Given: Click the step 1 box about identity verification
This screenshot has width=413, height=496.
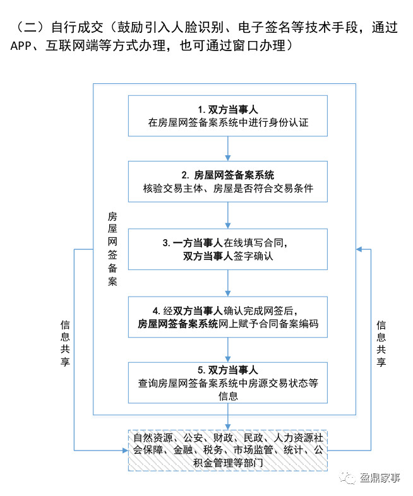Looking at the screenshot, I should coord(227,115).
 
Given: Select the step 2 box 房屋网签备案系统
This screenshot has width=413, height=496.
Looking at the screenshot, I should coord(227,181).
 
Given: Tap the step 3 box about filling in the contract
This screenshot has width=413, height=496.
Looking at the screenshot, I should coord(227,249).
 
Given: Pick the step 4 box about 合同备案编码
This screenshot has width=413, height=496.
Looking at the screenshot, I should coord(227,317).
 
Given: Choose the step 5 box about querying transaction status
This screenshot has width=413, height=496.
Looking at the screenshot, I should coord(227,383).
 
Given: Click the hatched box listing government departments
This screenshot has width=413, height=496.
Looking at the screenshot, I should coord(227,450).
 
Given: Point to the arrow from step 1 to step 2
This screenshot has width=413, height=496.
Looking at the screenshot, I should coord(227,149).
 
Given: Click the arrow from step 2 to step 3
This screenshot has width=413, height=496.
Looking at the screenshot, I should coord(227,215).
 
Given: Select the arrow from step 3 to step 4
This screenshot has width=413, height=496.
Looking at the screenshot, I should coord(227,283).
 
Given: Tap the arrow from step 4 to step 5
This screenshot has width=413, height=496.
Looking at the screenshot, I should coord(227,350).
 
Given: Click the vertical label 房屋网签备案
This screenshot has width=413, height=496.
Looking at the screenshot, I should coord(112,249).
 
